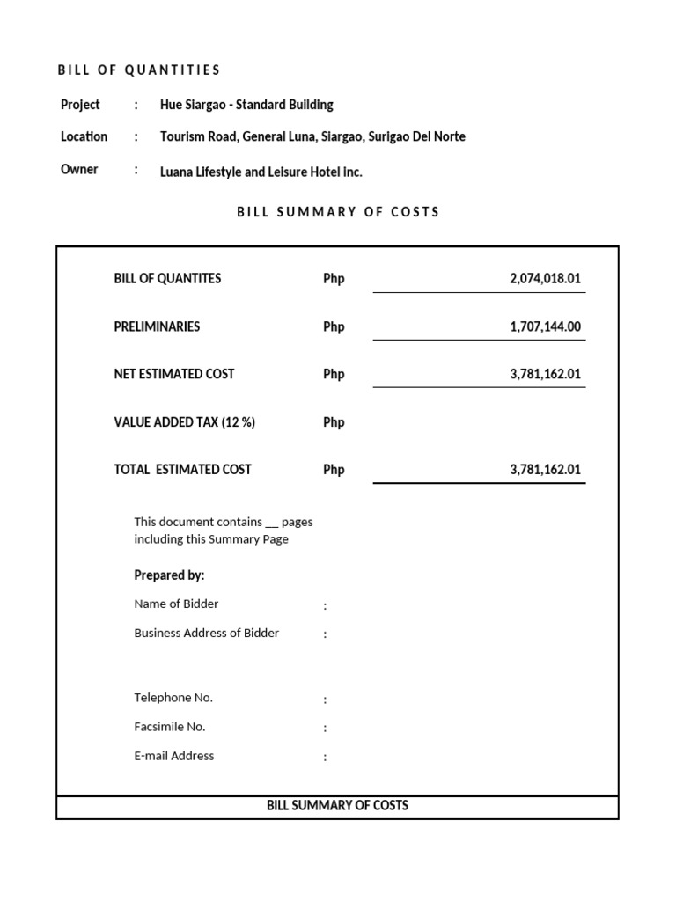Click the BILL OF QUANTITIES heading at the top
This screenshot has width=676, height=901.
(x=139, y=70)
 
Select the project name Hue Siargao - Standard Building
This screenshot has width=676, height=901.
(x=246, y=105)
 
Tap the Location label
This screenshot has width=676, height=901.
(x=84, y=136)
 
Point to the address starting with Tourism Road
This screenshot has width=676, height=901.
(x=312, y=136)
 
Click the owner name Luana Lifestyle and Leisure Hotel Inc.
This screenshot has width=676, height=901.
(x=261, y=172)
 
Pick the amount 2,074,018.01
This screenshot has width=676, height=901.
(x=545, y=279)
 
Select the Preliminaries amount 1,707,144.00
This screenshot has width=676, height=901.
(x=545, y=327)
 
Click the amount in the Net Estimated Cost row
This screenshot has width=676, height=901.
(x=545, y=374)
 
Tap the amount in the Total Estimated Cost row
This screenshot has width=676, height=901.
(x=545, y=470)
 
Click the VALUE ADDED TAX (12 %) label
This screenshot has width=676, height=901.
(x=184, y=422)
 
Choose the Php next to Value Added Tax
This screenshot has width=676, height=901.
(x=334, y=422)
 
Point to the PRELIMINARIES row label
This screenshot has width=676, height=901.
(x=157, y=326)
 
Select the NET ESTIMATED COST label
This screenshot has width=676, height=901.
(x=173, y=374)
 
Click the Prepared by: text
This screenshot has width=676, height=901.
(x=169, y=575)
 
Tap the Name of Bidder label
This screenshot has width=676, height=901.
(x=176, y=604)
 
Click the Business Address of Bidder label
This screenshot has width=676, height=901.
(x=206, y=633)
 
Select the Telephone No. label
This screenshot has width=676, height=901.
(x=173, y=698)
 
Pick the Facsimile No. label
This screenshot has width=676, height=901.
(x=169, y=727)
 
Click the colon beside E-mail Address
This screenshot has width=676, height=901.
(x=325, y=758)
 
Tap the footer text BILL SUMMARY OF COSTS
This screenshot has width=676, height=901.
(x=337, y=805)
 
